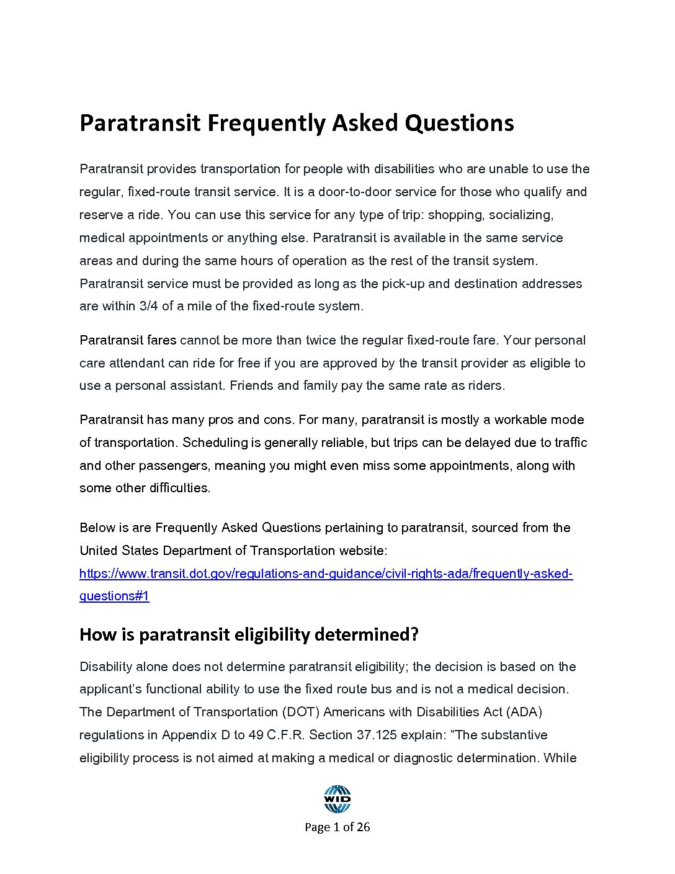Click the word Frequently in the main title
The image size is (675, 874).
[x=267, y=124]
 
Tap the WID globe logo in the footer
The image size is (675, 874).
[x=337, y=799]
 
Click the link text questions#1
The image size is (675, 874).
[x=114, y=596]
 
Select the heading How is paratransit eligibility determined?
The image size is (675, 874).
[x=249, y=634]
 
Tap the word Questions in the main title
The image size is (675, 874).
[x=459, y=124]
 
